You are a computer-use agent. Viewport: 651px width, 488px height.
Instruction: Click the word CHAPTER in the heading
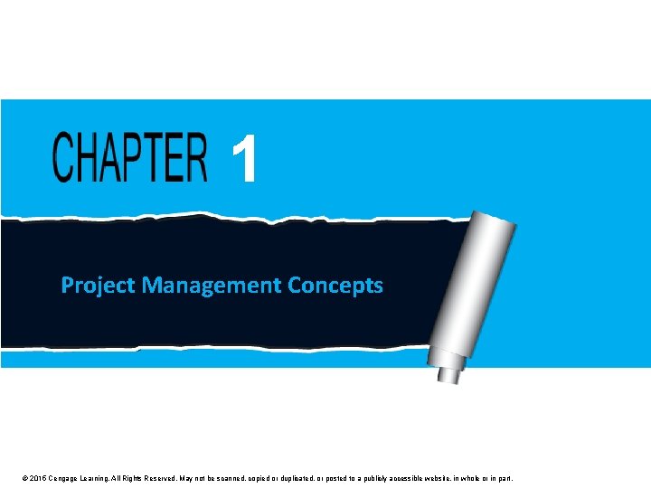click(x=129, y=157)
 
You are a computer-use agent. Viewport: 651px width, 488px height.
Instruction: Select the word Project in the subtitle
click(x=98, y=286)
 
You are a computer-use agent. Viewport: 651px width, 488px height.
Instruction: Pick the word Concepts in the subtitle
click(x=335, y=286)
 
